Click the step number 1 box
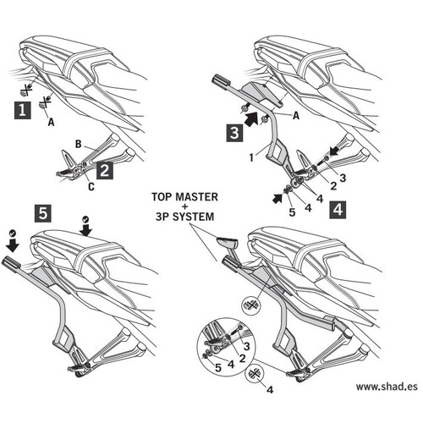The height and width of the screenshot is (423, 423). (x=23, y=110)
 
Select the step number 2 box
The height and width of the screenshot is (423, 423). (x=105, y=170)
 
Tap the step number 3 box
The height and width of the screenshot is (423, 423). (x=234, y=133)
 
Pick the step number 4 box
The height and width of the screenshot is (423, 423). (x=338, y=210)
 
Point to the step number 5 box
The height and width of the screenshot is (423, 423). (x=43, y=213)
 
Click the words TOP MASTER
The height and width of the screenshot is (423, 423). (x=184, y=197)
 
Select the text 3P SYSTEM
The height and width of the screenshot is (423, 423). (x=184, y=217)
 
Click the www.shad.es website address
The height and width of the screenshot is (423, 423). (x=387, y=387)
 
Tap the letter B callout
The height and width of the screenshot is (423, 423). (x=78, y=144)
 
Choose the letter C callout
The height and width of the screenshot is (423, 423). (x=91, y=186)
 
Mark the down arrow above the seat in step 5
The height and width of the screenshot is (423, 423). (x=85, y=230)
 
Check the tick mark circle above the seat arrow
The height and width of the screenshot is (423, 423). (x=85, y=219)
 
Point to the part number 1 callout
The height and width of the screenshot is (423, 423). (x=251, y=157)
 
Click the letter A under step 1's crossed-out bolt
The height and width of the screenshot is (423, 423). (x=51, y=122)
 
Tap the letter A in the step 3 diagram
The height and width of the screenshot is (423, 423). (x=296, y=115)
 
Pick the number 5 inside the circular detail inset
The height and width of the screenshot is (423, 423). (x=218, y=367)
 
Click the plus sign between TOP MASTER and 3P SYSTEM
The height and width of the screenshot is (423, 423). (x=184, y=206)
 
